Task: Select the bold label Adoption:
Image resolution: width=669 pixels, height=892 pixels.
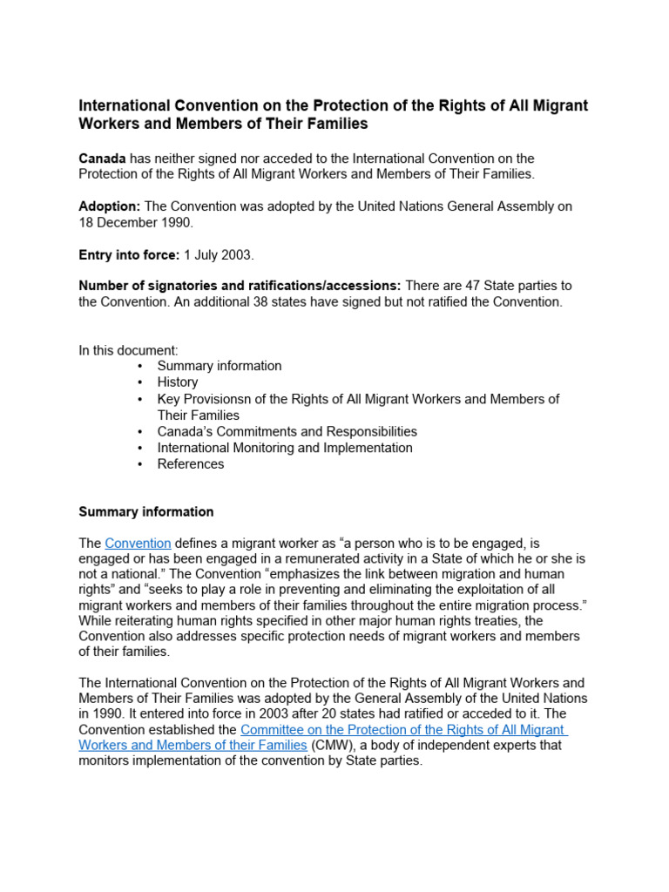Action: (110, 206)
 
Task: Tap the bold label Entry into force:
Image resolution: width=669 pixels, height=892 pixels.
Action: (129, 254)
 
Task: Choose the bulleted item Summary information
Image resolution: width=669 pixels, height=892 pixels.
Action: (219, 366)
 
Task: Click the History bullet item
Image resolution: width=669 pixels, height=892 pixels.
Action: (177, 382)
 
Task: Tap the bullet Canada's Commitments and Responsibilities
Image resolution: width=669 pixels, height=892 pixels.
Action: (287, 431)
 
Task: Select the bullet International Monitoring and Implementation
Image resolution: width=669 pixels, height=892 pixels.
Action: (285, 448)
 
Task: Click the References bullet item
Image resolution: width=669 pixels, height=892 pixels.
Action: (190, 464)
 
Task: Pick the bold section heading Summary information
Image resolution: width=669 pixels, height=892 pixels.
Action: (145, 512)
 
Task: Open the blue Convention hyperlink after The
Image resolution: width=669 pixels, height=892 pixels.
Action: (138, 544)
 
